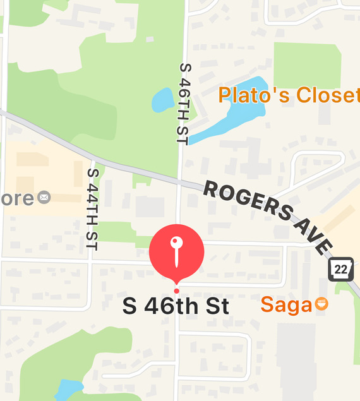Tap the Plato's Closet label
tap(289, 95)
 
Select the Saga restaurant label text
tap(286, 305)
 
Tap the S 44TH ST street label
tap(92, 208)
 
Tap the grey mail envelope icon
tap(44, 198)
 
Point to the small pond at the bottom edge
tap(68, 388)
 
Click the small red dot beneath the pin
tap(176, 290)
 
